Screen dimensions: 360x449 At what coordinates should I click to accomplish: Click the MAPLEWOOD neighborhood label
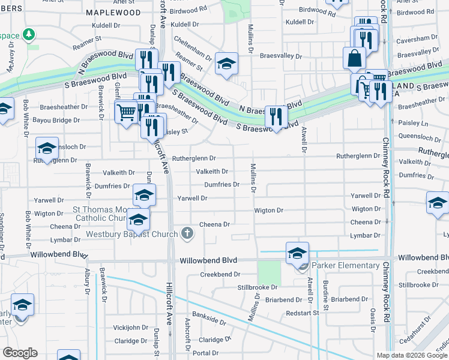pos(113,12)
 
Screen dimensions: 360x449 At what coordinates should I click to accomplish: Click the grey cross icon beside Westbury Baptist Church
pos(187,233)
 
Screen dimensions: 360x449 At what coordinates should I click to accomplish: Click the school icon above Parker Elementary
pos(297,253)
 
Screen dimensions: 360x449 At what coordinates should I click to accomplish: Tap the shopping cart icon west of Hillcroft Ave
pos(126,112)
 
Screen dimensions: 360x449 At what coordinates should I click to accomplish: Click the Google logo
pos(20,352)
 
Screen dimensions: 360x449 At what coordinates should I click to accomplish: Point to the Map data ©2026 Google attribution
pos(412,355)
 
